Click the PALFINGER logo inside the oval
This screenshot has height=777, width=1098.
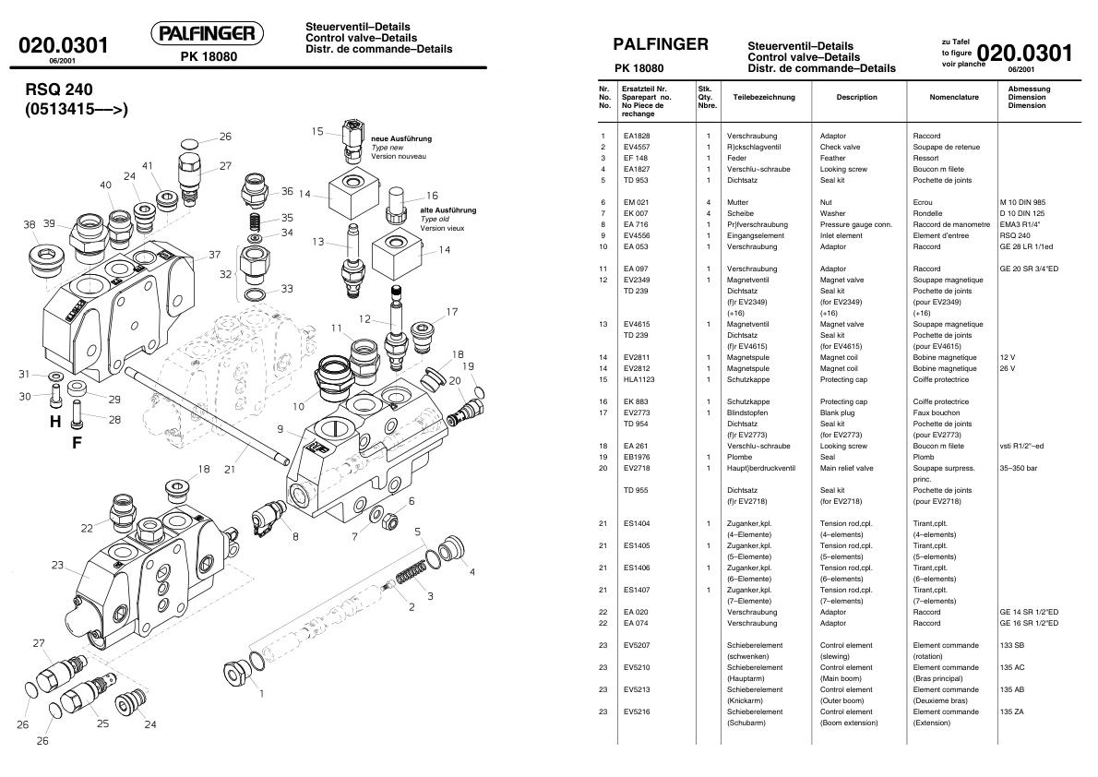[207, 35]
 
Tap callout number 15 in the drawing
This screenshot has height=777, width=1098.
[317, 132]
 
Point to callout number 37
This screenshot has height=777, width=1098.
[214, 255]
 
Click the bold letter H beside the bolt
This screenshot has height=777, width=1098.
[55, 422]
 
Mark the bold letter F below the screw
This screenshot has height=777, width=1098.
[78, 443]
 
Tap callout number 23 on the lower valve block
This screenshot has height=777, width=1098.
[57, 565]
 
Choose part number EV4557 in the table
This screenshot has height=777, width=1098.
[636, 147]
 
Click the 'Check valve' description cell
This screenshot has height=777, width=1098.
[841, 147]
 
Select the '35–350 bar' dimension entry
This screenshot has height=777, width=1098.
[1019, 468]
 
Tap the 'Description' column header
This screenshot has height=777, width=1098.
[856, 97]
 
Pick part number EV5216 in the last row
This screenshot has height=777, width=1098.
[636, 711]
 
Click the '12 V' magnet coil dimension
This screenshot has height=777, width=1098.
[1007, 357]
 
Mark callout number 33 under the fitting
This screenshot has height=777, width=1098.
[287, 289]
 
